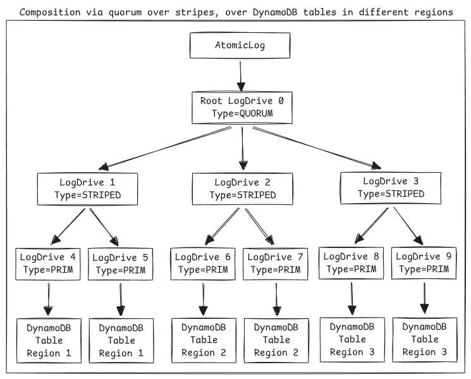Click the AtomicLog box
(240, 46)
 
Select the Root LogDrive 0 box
(242, 108)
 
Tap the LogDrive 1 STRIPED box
(87, 189)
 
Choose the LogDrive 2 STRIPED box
(242, 189)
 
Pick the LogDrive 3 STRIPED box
(391, 188)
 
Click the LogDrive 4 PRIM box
(48, 264)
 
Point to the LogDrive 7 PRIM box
(276, 264)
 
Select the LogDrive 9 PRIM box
(424, 263)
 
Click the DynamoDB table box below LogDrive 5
(121, 340)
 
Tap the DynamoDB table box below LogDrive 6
(204, 340)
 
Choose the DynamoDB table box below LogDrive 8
(352, 340)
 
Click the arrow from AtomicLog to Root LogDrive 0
(241, 77)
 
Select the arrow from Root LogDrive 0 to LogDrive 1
(165, 149)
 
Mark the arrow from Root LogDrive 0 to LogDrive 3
(317, 148)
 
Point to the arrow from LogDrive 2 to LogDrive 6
(222, 226)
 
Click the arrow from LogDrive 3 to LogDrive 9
(408, 226)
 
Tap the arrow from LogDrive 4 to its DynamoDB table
(48, 299)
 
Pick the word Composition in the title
(50, 12)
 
